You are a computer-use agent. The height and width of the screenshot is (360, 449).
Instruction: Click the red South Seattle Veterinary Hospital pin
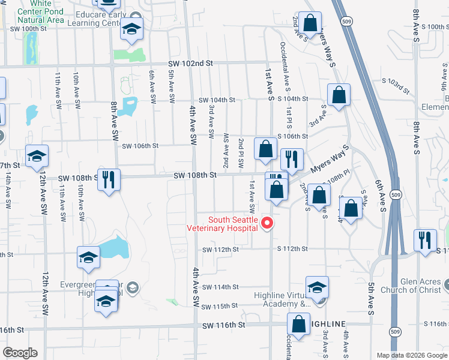tap(268, 224)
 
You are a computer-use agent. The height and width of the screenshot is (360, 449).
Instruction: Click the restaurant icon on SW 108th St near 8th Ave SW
tap(109, 179)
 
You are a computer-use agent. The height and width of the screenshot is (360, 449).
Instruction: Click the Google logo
tap(19, 353)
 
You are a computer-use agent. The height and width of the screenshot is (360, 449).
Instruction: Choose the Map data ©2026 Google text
tap(411, 355)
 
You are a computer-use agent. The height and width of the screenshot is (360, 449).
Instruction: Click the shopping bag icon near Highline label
tap(299, 324)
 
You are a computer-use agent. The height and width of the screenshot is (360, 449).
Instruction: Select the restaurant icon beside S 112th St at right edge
tap(425, 241)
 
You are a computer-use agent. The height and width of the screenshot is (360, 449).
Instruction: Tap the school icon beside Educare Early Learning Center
tap(131, 29)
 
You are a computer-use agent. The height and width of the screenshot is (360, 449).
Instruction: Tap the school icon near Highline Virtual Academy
tap(317, 287)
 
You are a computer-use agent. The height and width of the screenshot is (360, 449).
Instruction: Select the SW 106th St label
tap(140, 145)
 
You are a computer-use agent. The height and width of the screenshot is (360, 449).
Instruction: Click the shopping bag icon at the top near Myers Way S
tap(310, 24)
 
